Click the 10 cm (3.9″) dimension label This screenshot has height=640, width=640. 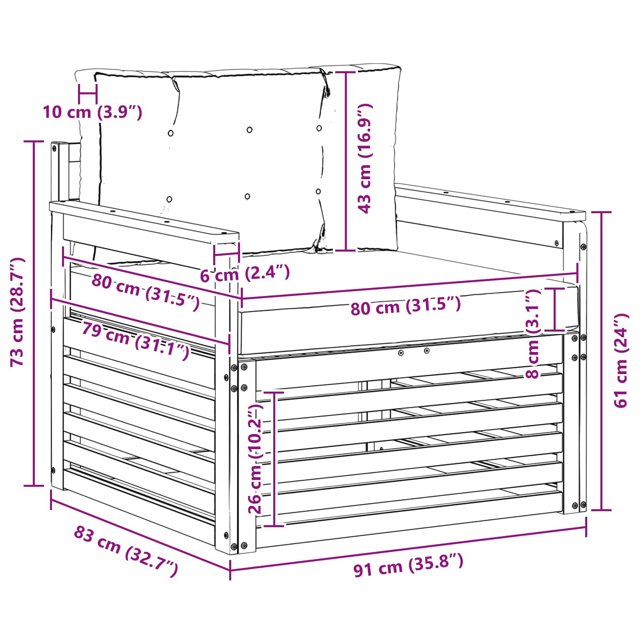coord(92,112)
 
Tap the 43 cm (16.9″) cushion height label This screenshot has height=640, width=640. coord(365,158)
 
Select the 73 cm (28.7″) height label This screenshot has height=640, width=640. coord(17,312)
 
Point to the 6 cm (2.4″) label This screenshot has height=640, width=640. coord(244,274)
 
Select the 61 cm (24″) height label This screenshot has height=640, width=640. coord(621,360)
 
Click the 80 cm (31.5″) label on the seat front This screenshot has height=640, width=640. coord(406,306)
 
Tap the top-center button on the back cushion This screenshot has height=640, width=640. coord(250,130)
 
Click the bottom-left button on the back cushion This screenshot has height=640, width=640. coord(169,199)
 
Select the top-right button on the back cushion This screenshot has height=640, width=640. coord(319,128)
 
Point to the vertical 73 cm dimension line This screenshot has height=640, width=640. coord(34,313)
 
